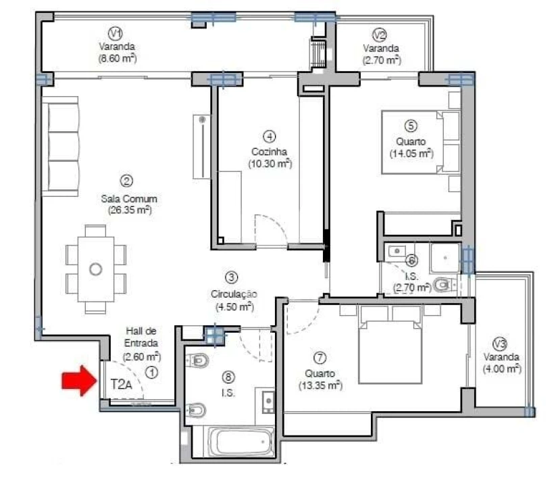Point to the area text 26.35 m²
pos(129,210)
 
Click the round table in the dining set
pos(96,269)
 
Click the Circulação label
pos(231,294)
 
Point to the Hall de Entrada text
pos(142,337)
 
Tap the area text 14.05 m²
pos(411,154)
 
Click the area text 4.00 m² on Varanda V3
pos(501,369)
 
